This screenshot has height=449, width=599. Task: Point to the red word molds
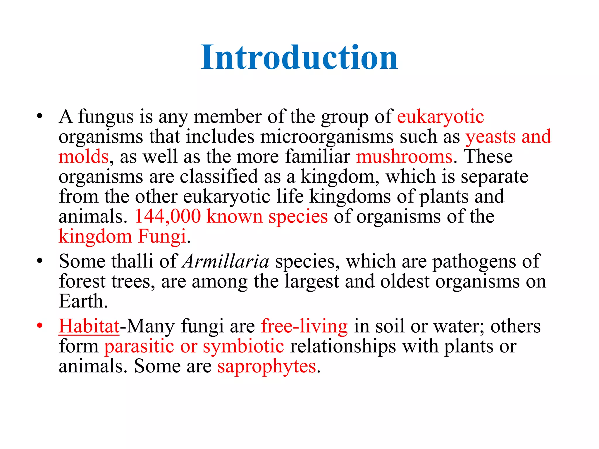click(x=84, y=157)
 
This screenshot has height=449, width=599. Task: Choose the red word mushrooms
click(x=404, y=157)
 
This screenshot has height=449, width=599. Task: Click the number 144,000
click(x=168, y=217)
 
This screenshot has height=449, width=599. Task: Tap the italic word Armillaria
click(x=226, y=261)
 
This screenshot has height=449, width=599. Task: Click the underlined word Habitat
click(x=89, y=326)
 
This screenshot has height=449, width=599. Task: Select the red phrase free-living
click(x=304, y=326)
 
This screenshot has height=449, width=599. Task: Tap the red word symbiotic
click(x=243, y=346)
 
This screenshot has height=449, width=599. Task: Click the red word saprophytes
click(x=266, y=367)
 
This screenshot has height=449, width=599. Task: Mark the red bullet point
click(x=40, y=325)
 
